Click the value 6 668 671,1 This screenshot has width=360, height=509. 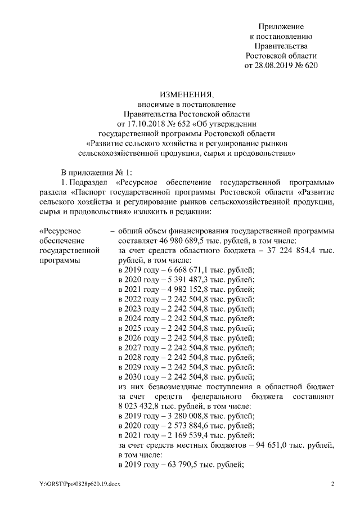[187, 269]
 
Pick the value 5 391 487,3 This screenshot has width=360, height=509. [187, 279]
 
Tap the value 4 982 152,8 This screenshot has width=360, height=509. [187, 289]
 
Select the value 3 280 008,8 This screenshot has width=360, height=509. [187, 416]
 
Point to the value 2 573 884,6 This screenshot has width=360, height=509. [187, 425]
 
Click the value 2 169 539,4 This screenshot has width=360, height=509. [187, 435]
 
